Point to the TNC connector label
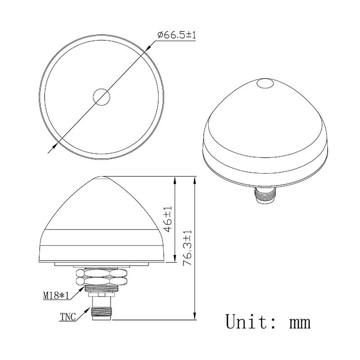[x=67, y=316]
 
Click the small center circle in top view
[x=102, y=97]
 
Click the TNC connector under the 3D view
[x=264, y=195]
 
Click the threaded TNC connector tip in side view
[x=102, y=312]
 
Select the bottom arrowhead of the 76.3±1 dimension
[x=194, y=317]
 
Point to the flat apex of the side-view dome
[x=102, y=177]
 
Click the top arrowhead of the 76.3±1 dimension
[x=194, y=179]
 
